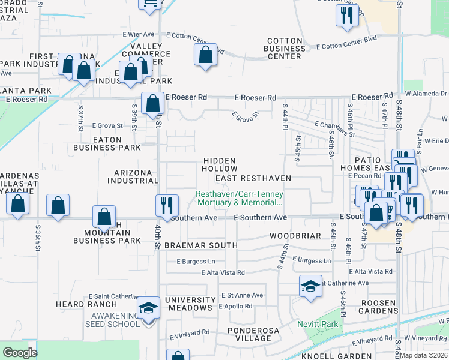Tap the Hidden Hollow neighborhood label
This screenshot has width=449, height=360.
click(220, 165)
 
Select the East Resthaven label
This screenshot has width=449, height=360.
click(253, 178)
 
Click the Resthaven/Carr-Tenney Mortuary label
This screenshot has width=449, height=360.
click(240, 198)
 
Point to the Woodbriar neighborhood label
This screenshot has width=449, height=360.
click(295, 236)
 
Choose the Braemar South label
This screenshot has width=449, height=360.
click(202, 245)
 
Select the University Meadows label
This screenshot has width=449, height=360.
click(190, 304)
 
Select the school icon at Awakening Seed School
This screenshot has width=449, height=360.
click(148, 308)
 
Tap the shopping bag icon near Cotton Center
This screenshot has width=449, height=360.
click(205, 55)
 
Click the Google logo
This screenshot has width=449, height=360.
click(20, 353)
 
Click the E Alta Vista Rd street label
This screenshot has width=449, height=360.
click(223, 272)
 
